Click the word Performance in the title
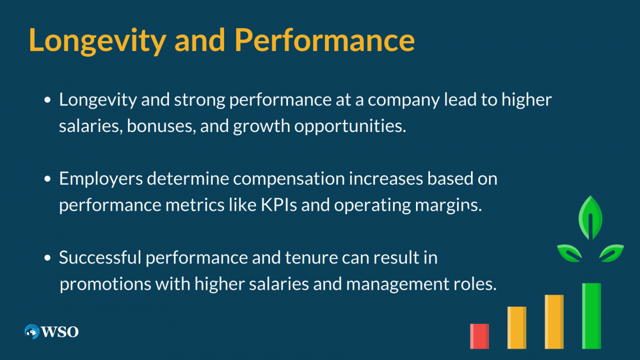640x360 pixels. click(324, 40)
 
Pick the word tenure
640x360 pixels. click(311, 258)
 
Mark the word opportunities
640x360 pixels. click(350, 126)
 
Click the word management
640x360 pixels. click(397, 284)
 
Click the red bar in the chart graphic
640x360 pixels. click(479, 336)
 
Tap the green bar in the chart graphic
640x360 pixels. click(591, 316)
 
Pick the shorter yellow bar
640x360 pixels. click(516, 328)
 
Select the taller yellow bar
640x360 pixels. click(554, 322)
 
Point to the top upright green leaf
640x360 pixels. click(591, 218)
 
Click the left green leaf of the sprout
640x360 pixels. click(569, 253)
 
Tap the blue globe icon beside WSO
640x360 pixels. click(32, 331)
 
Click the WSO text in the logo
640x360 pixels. click(60, 332)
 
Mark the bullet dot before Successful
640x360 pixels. click(48, 258)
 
